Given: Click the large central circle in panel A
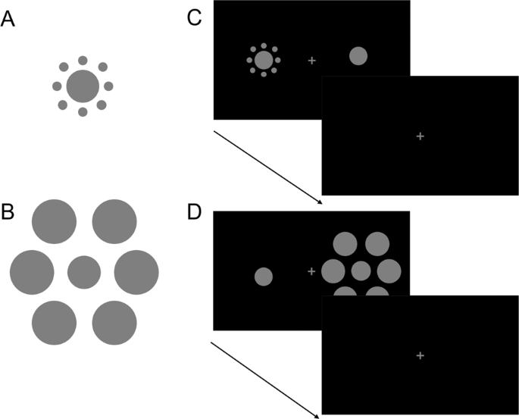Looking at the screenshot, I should (83, 86).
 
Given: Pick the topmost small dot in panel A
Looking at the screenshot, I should (83, 60).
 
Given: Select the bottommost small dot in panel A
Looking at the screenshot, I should (83, 112).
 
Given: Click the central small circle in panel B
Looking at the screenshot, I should (84, 272).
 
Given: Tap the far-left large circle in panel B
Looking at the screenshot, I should (32, 271).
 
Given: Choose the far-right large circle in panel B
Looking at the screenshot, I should (136, 271).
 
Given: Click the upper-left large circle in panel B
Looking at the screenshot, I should (54, 220).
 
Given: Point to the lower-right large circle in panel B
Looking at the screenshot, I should (114, 322).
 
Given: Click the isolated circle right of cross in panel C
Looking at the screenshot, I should (358, 55).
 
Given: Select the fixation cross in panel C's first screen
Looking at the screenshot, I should (311, 60).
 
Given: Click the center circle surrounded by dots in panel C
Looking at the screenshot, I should (263, 60).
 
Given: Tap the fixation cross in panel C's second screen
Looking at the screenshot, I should (421, 136).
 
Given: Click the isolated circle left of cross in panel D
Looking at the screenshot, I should (263, 277).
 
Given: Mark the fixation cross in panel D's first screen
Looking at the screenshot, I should (311, 270).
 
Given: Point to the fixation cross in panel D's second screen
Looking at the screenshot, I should (421, 355).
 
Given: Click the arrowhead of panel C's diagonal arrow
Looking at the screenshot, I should (320, 202).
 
